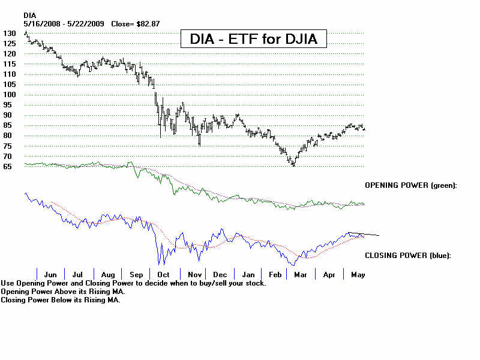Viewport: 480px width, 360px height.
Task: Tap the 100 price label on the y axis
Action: click(x=9, y=95)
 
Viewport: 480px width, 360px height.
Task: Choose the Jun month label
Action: click(x=50, y=274)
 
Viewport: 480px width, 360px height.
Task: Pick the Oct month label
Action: click(x=163, y=274)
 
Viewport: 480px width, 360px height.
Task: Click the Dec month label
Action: click(x=220, y=274)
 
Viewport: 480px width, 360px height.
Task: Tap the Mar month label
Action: click(x=300, y=274)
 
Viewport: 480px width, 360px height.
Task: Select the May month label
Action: click(x=357, y=274)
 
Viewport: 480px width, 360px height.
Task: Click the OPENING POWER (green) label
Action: click(x=411, y=185)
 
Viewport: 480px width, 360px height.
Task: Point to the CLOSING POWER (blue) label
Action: click(x=407, y=256)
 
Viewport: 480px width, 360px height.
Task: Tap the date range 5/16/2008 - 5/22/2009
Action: click(x=64, y=23)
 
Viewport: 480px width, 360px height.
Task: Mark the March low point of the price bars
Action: click(x=293, y=164)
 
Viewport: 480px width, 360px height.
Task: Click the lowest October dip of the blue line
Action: click(x=159, y=262)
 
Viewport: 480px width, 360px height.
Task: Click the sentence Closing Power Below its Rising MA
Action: click(x=61, y=300)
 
